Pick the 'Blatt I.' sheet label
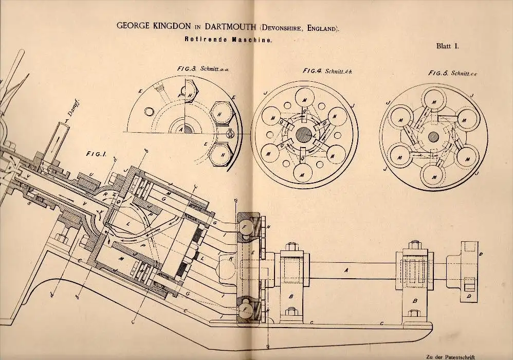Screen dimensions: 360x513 coord(445,46)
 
